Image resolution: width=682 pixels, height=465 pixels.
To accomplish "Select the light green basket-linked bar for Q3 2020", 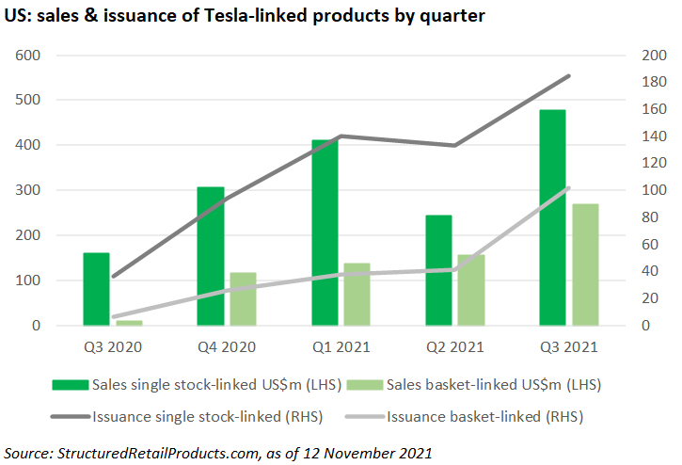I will pos(129,323).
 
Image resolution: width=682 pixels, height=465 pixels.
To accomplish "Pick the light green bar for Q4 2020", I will pos(243,299).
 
